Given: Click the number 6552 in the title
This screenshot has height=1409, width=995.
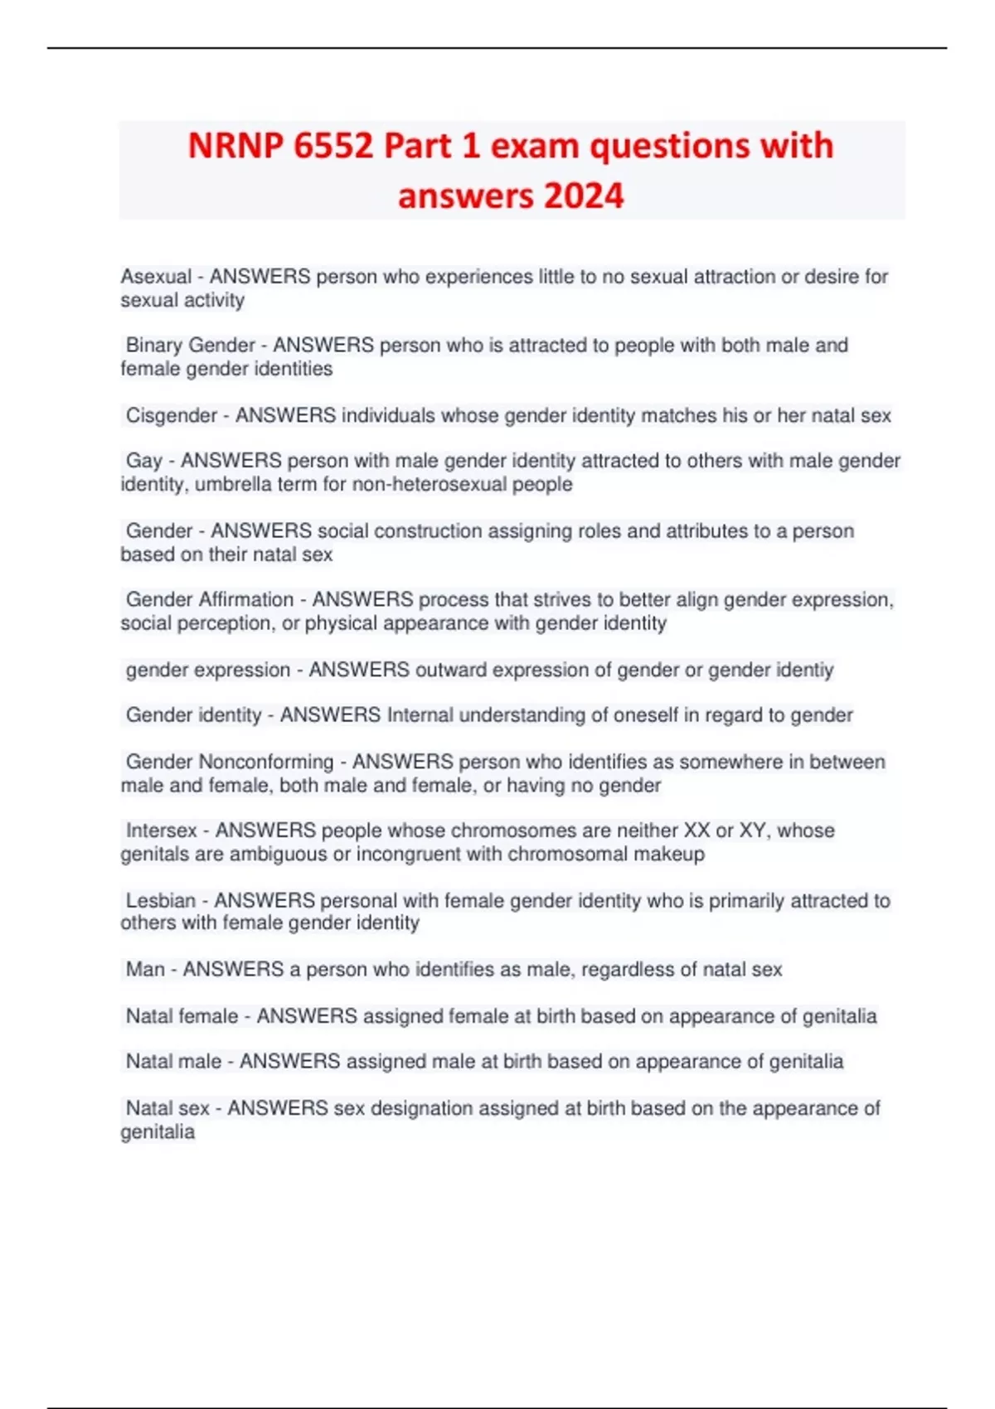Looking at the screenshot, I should coord(333,146).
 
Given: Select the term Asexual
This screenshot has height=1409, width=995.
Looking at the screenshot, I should coord(156,276).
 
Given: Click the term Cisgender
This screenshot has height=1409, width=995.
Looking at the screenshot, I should coord(172,415).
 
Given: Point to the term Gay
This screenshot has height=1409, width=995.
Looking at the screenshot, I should coord(144,461).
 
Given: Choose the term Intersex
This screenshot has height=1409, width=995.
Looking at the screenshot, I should coord(162,830).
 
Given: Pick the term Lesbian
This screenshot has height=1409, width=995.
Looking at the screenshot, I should coord(161,900).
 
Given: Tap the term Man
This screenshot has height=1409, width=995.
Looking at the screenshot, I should coord(145,969).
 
